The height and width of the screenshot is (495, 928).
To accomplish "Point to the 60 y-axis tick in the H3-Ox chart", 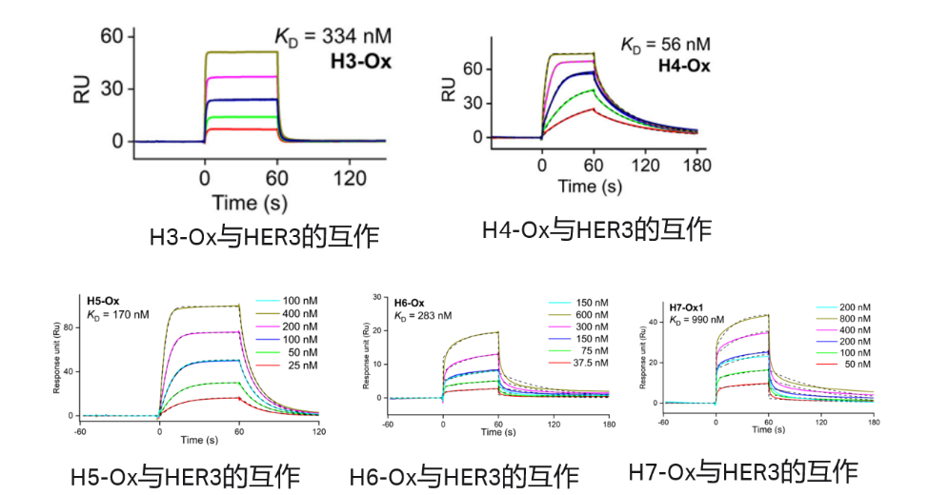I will [112, 36].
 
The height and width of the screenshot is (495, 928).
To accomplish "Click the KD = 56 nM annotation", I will [665, 45].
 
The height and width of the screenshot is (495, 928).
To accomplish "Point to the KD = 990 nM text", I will [696, 320].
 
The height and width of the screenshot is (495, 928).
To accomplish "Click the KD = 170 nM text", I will [116, 314].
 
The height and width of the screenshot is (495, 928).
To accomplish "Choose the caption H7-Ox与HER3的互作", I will [743, 470].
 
